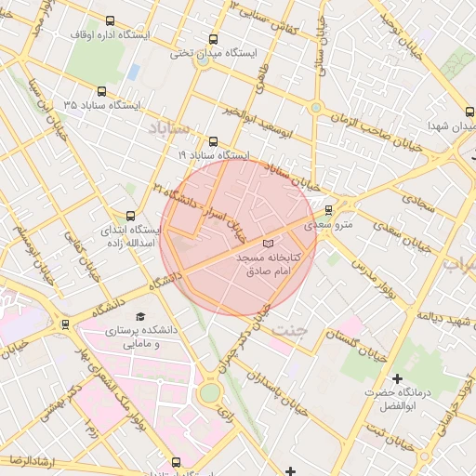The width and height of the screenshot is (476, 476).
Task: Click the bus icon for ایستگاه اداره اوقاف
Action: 111,20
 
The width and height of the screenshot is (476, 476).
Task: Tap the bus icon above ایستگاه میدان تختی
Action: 214,40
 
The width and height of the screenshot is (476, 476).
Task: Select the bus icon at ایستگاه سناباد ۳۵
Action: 102,92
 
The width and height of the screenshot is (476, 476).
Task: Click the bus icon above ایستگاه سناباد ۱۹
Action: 214,142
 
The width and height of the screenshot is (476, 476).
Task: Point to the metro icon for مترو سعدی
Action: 328,209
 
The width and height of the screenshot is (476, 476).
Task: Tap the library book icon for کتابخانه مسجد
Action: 269,243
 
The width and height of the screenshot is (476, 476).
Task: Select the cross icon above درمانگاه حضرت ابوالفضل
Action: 398,378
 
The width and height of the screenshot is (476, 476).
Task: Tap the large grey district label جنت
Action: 293,329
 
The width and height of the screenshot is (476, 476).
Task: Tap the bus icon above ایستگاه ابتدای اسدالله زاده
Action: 130,216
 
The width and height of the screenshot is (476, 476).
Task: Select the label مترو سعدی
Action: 331,223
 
